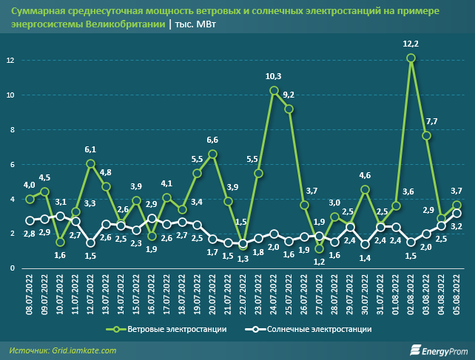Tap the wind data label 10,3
point(274,76)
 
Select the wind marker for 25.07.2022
point(289,109)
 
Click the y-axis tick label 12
point(10,60)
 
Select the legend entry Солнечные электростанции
point(316,328)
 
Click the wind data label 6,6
point(212,140)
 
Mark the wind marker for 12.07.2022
point(90,163)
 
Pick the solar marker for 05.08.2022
point(457,214)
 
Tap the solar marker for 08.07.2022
point(30,220)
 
